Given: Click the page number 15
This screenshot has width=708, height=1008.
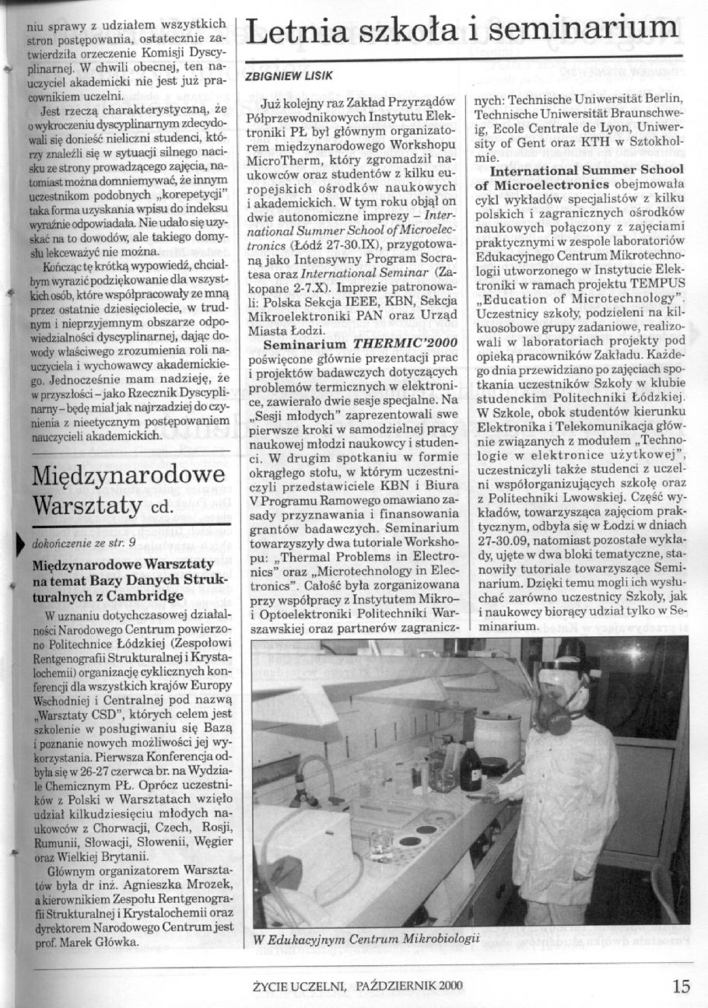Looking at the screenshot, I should tap(681, 986).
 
